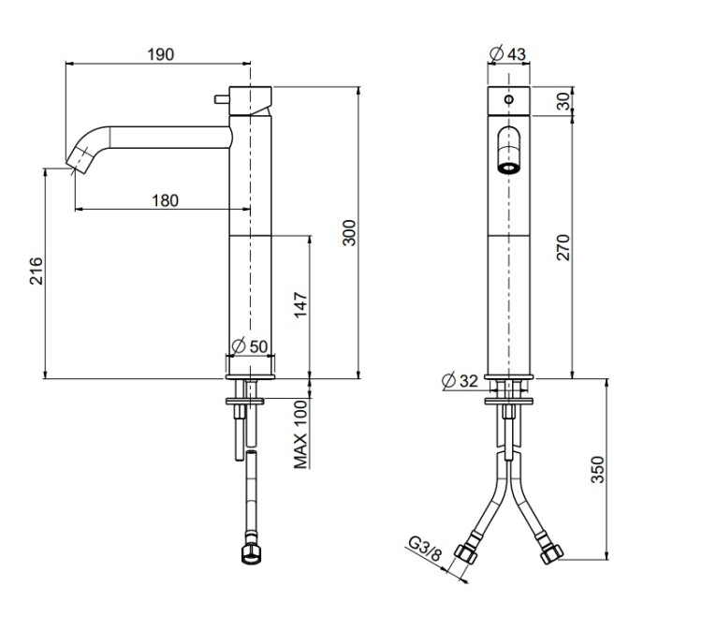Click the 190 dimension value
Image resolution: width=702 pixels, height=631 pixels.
pos(161,54)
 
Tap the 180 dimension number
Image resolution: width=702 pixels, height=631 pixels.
pos(165,200)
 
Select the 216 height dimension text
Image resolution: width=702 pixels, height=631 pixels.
pos(37,271)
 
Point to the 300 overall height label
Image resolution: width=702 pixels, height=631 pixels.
pos(349,232)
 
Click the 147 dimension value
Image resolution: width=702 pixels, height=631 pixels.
pos(300,304)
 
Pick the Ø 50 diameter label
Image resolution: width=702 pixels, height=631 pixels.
pos(250,346)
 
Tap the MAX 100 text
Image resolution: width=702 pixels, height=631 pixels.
pos(300,434)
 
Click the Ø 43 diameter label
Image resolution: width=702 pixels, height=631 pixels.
pos(508,53)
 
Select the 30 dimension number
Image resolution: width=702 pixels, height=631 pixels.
pos(563,101)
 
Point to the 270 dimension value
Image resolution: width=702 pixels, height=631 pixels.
pos(563,247)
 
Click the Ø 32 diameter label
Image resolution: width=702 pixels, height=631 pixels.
pos(461,381)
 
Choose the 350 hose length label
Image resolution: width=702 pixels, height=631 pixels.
pos(598,469)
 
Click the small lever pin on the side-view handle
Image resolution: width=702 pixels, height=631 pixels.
pos(222,99)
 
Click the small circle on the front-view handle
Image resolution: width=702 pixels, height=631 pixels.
pos(508,99)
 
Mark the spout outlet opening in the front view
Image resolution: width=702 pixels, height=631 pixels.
pos(508,169)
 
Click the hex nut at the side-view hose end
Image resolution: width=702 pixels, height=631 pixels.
pos(251,554)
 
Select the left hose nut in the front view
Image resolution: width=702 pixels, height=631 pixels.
pos(465,554)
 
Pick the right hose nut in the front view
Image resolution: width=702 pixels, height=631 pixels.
pos(551,554)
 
